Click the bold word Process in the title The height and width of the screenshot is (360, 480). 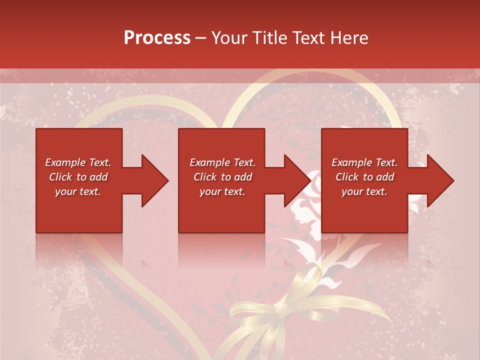tap(157, 37)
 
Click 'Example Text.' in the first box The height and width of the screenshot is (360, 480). tap(78, 162)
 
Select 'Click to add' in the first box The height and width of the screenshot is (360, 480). tap(78, 177)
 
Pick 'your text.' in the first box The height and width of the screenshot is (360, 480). tap(78, 191)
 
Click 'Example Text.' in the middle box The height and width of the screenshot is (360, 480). tap(222, 162)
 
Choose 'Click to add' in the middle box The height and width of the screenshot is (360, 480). tap(222, 177)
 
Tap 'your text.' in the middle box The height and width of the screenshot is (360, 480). tap(222, 191)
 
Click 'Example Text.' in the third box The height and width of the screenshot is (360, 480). tap(364, 162)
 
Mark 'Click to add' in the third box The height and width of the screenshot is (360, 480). tap(364, 177)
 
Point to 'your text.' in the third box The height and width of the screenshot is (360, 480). tap(364, 191)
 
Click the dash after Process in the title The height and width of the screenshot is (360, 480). tap(201, 38)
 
